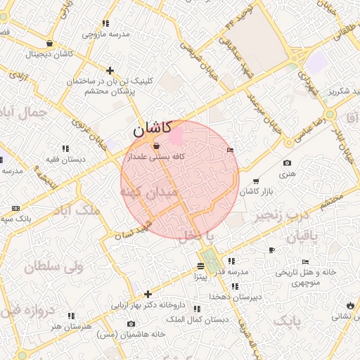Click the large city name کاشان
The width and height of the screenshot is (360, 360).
pyautogui.click(x=152, y=129)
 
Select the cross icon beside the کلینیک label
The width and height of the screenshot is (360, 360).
pyautogui.click(x=110, y=70)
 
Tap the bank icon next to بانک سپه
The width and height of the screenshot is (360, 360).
pyautogui.click(x=16, y=209)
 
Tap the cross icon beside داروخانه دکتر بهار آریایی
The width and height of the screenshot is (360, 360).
pyautogui.click(x=148, y=294)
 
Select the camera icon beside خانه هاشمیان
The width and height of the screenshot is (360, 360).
pyautogui.click(x=131, y=323)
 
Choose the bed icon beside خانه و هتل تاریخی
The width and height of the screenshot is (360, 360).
pyautogui.click(x=304, y=262)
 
